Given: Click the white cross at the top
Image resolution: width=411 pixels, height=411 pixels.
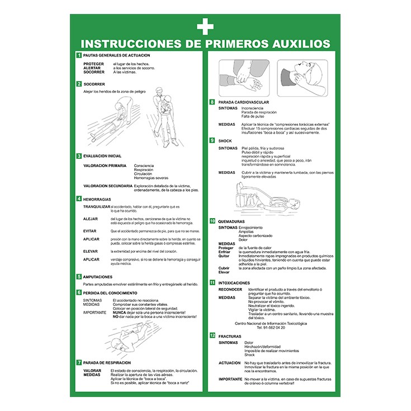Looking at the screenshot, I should tap(205, 26).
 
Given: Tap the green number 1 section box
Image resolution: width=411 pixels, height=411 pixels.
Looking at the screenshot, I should tap(79, 55).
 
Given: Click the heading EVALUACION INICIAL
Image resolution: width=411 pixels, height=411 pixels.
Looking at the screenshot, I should tap(102, 155).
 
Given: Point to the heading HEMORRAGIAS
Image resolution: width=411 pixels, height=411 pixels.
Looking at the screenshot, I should tap(97, 199).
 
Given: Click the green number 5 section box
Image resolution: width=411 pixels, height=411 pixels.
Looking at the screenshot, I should tap(79, 277).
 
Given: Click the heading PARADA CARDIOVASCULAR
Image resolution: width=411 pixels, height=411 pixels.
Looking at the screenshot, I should tap(244, 102).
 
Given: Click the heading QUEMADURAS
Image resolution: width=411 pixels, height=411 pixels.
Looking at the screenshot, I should tap(231, 221).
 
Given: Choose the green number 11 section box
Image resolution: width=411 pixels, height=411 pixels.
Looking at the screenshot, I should tap(212, 283).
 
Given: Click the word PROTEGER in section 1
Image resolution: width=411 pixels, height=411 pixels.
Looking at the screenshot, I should tap(93, 64).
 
